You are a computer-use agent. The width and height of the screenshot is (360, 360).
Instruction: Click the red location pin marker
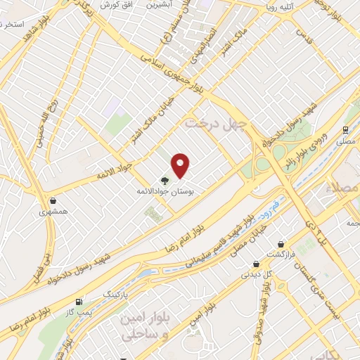click(181, 165)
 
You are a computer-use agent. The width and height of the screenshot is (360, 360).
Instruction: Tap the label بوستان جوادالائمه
click(167, 191)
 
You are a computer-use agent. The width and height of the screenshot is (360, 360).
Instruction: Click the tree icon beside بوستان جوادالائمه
click(164, 180)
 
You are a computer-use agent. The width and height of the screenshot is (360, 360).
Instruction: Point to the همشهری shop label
click(53, 211)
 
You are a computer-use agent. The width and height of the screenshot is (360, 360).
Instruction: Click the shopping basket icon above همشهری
click(53, 200)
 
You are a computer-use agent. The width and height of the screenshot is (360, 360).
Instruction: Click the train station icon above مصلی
click(345, 130)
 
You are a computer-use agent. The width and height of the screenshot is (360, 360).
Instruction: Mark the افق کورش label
click(115, 4)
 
